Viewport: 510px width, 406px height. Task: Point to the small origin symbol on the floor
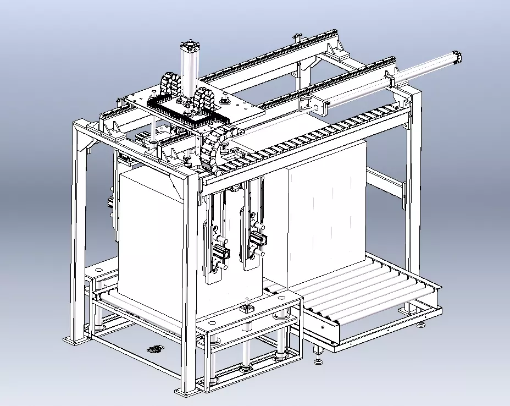pos(154,349)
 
